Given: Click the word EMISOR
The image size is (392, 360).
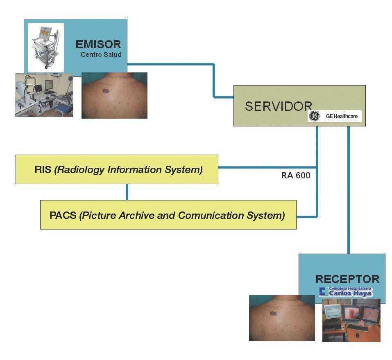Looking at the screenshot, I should pos(98,44).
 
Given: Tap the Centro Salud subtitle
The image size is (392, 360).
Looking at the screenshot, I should pos(101,54).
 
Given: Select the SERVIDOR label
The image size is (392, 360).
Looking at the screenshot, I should pos(278,106).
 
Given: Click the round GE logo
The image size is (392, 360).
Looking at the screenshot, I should pos(314,116).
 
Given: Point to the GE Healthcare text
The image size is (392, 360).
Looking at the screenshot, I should pos(341,117).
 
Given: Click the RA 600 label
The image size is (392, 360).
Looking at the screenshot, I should pos(295,175).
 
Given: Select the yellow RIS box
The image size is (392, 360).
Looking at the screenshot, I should pos(117,169).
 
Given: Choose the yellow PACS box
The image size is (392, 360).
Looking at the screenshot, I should pos(168,215).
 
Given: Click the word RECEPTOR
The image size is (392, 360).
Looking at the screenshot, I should pos(347,279).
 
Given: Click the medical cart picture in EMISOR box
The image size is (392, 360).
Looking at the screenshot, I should pos(45,47).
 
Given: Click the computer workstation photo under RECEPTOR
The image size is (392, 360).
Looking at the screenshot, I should pos(351,320).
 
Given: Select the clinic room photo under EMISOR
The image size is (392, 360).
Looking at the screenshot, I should pos(44,95).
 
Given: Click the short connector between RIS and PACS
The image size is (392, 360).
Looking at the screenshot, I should pos(127,192).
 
